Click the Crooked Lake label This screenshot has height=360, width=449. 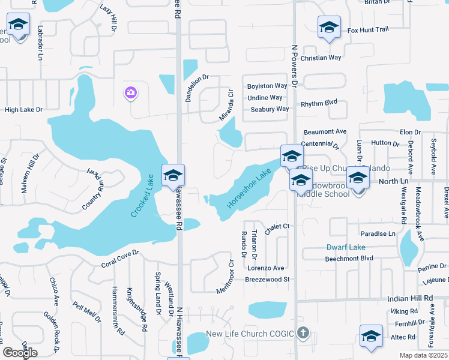[x=141, y=196]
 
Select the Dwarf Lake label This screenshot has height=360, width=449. [x=345, y=247]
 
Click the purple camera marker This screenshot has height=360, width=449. [x=130, y=92]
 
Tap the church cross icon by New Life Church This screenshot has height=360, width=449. [x=303, y=332]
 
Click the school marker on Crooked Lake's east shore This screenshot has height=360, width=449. [x=173, y=175]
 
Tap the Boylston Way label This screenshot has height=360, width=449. [x=267, y=86]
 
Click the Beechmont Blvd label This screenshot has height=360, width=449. [x=349, y=259]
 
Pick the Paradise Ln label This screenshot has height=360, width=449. [x=378, y=233]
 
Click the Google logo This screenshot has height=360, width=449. [x=20, y=353]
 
